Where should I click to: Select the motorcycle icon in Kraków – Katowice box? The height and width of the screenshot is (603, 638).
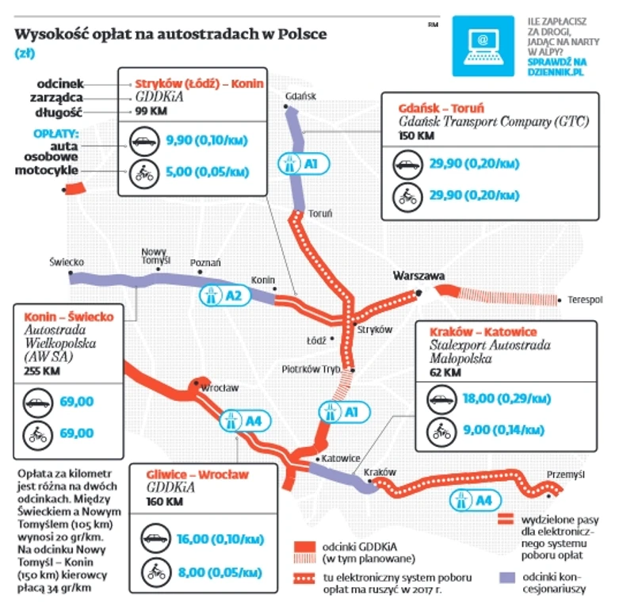[x=441, y=430]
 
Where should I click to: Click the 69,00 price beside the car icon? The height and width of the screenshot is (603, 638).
[x=77, y=402]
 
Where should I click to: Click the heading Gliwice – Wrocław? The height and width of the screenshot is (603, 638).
[x=197, y=475]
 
